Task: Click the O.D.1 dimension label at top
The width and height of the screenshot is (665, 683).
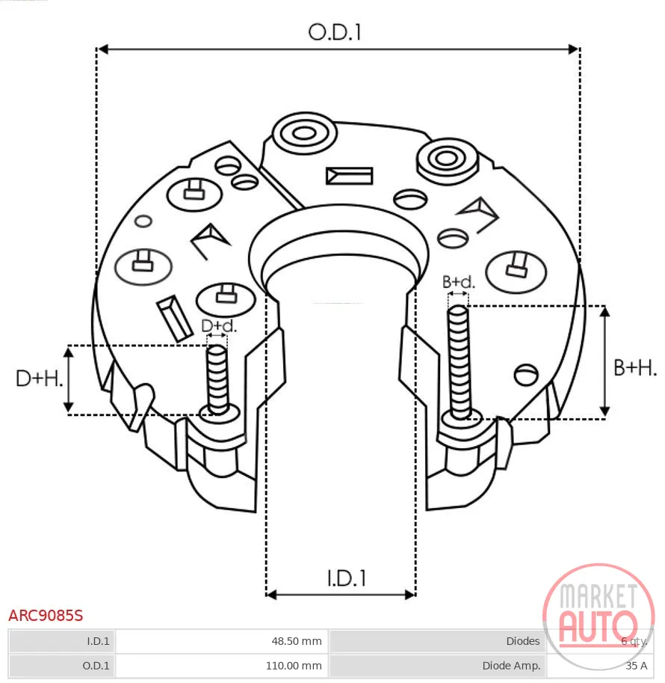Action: pyautogui.click(x=335, y=32)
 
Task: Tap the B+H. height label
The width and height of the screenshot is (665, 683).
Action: pyautogui.click(x=634, y=367)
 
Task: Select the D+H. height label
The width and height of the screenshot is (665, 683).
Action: pyautogui.click(x=39, y=378)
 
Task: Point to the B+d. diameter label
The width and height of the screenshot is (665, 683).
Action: pyautogui.click(x=459, y=282)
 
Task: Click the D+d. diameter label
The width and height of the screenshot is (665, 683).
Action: pyautogui.click(x=219, y=325)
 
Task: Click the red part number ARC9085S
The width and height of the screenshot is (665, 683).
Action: pyautogui.click(x=46, y=616)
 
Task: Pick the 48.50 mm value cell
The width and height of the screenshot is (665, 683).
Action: pyautogui.click(x=297, y=641)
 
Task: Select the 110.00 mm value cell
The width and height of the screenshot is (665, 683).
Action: pyautogui.click(x=294, y=666)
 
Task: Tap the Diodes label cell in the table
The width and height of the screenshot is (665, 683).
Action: pyautogui.click(x=523, y=641)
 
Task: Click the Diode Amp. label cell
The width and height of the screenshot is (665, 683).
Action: pyautogui.click(x=511, y=666)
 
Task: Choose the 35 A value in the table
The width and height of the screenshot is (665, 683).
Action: pyautogui.click(x=637, y=666)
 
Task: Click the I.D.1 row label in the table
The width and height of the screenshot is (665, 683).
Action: pyautogui.click(x=98, y=641)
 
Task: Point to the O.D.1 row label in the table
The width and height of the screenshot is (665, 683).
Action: pyautogui.click(x=96, y=666)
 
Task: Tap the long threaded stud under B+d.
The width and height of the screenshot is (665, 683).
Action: pyautogui.click(x=459, y=361)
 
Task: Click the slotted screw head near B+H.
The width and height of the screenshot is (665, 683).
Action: pyautogui.click(x=526, y=375)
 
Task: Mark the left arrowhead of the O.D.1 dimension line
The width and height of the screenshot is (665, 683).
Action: pyautogui.click(x=102, y=49)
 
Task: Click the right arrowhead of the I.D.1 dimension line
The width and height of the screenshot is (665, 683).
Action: pyautogui.click(x=410, y=595)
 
